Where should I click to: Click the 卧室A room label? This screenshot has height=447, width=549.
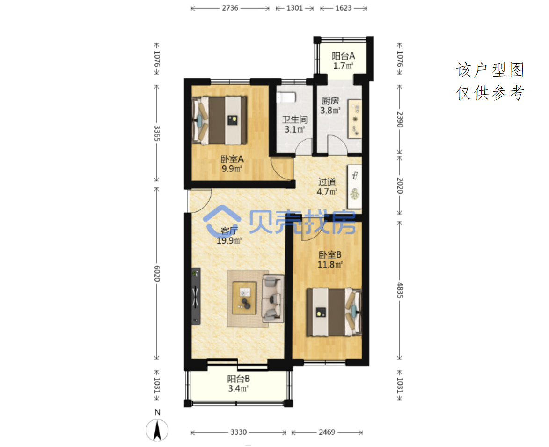(232, 159)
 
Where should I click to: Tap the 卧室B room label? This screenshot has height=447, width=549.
(330, 255)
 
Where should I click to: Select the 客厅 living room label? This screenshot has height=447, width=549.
(229, 231)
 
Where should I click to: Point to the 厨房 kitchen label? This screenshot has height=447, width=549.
(330, 101)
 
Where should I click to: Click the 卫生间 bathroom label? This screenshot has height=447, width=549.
(295, 120)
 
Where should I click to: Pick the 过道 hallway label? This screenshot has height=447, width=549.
(327, 182)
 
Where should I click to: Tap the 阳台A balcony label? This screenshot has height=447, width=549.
(343, 56)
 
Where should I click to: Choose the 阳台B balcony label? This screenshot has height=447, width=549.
(238, 379)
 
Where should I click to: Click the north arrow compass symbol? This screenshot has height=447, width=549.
(157, 430)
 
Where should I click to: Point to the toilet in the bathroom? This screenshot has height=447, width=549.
(286, 97)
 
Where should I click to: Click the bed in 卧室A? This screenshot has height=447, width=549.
(220, 120)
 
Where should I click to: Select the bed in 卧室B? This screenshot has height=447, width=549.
(334, 312)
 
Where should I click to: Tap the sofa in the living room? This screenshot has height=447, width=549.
(273, 298)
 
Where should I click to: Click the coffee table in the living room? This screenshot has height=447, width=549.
(244, 298)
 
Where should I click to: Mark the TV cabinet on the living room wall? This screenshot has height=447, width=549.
(196, 296)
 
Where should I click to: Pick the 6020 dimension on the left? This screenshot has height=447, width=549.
(157, 274)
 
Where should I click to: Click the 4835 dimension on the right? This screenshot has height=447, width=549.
(400, 291)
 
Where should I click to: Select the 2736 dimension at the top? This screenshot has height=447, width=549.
(230, 8)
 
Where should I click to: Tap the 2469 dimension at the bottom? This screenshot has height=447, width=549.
(327, 432)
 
